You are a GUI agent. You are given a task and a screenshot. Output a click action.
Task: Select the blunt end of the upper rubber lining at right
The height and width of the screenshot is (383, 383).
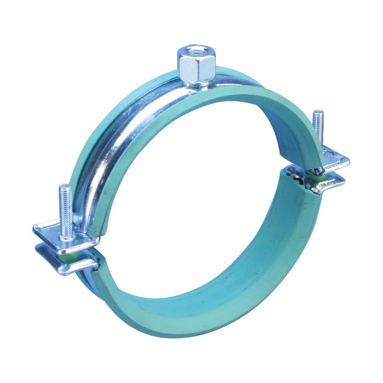click(303, 163)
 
